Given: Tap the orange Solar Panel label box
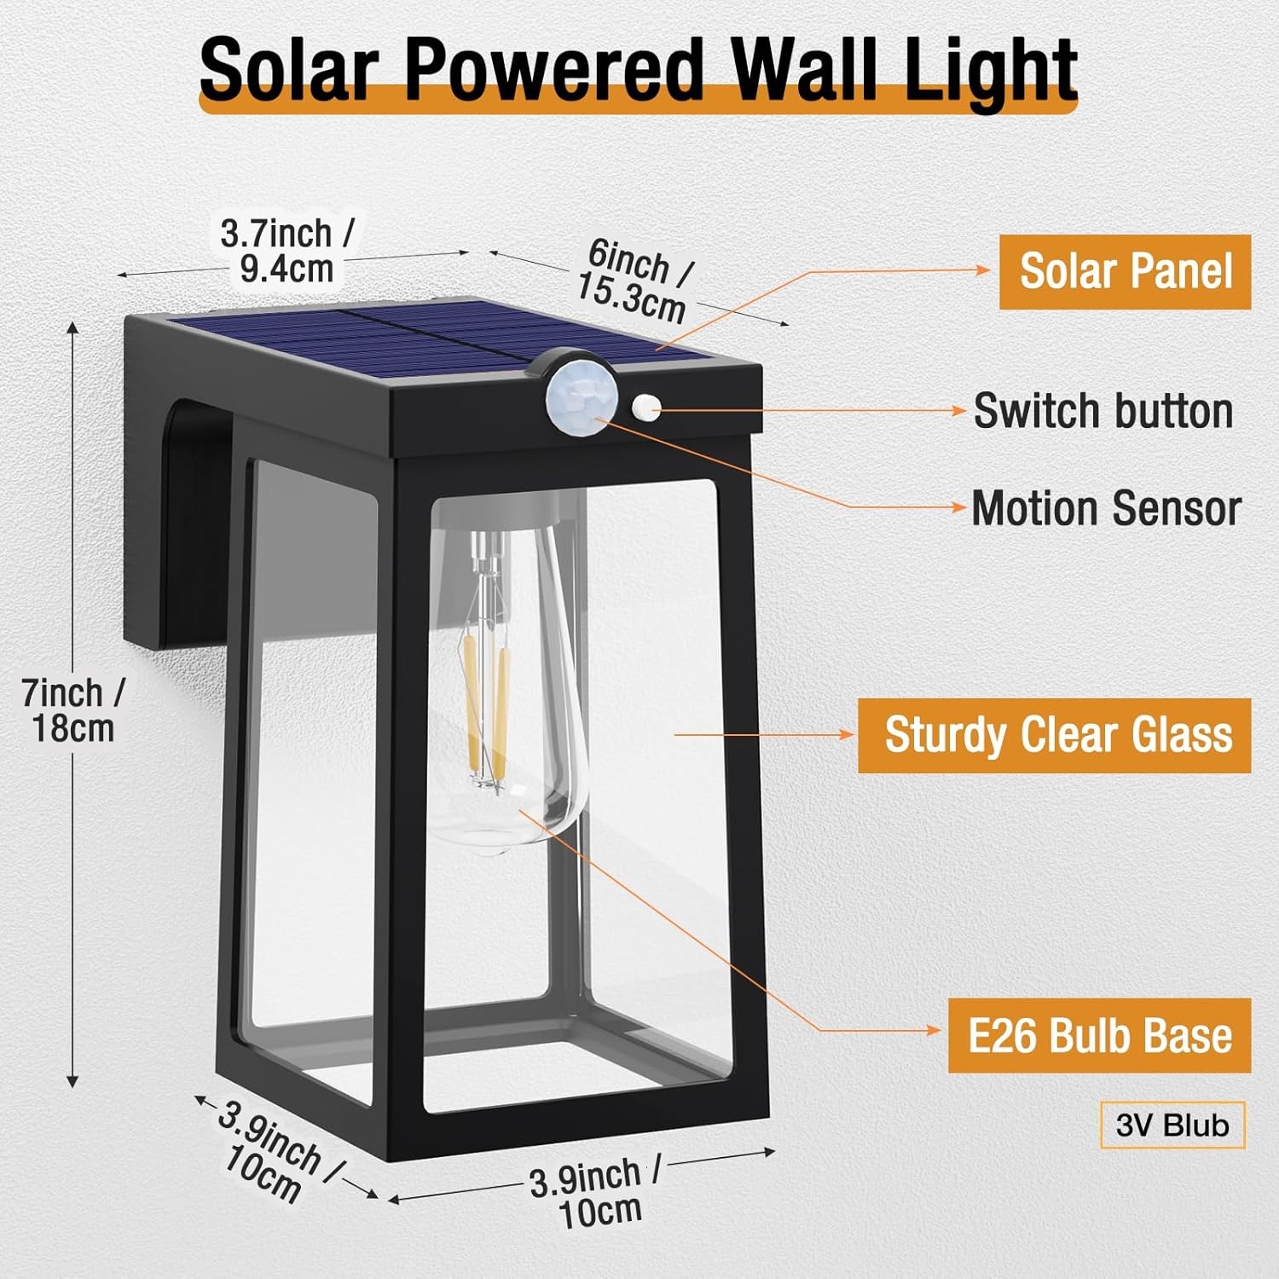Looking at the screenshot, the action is click(x=1125, y=272).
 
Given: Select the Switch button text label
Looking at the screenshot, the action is click(x=1103, y=411).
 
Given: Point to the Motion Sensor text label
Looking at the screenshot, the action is click(x=1106, y=508).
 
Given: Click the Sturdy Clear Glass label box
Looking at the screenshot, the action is click(x=1054, y=735).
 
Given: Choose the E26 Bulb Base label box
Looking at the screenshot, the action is click(x=1099, y=1035).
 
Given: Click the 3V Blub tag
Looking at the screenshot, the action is click(x=1172, y=1126).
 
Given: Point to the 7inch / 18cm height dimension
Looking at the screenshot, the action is click(x=72, y=709).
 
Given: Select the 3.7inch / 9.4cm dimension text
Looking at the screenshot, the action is click(x=287, y=250).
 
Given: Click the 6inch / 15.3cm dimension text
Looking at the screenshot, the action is click(x=636, y=280).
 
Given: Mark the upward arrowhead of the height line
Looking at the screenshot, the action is click(x=73, y=329).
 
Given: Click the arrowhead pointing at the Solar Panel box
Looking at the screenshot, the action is click(x=985, y=270).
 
